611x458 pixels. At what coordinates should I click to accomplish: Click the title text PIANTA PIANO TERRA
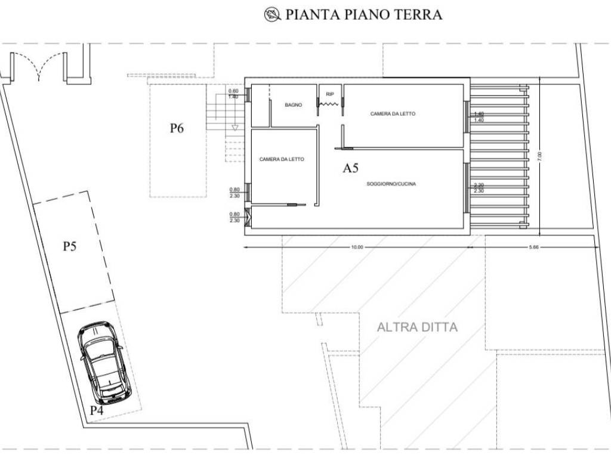[x=363, y=15]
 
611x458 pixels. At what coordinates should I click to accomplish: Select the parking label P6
[x=176, y=128]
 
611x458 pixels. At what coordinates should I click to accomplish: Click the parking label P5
[x=70, y=246]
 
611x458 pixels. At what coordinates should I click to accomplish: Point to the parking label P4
[x=97, y=410]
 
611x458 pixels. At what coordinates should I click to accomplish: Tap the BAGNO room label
[x=293, y=105]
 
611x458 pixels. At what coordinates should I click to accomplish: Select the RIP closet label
[x=329, y=94]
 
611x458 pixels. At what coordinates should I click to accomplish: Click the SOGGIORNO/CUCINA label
[x=391, y=184]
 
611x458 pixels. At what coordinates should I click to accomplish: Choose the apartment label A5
[x=350, y=169]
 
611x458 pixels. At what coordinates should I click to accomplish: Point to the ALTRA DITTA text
[x=417, y=327]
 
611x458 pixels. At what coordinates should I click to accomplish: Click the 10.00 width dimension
[x=357, y=247]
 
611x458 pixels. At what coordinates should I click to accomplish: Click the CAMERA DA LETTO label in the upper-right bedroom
[x=393, y=114]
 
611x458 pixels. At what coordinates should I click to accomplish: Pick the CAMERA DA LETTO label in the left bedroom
[x=282, y=159]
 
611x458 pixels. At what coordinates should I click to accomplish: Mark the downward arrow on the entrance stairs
[x=235, y=128]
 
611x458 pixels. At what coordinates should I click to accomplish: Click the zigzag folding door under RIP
[x=329, y=104]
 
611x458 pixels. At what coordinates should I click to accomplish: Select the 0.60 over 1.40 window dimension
[x=233, y=93]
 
